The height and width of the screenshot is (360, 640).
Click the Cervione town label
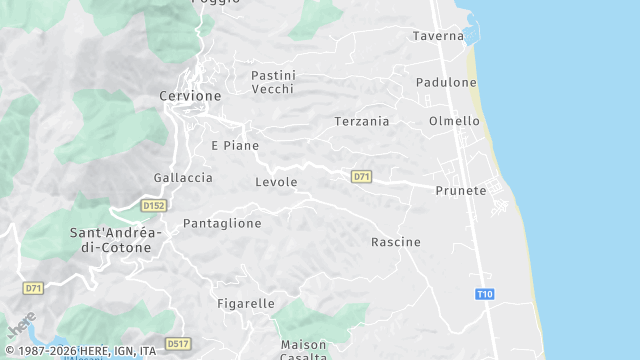click(190, 96)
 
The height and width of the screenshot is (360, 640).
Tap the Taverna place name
click(438, 36)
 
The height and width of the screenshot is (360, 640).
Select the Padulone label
click(446, 82)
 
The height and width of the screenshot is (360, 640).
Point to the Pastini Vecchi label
click(273, 82)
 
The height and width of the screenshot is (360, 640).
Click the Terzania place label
click(361, 121)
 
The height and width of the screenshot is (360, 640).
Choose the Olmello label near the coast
click(454, 121)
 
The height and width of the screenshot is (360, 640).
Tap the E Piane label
click(235, 145)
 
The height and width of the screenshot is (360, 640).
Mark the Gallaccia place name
click(183, 177)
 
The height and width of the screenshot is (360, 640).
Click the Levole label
click(276, 182)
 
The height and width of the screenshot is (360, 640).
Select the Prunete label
click(461, 190)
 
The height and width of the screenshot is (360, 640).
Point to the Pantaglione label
click(222, 223)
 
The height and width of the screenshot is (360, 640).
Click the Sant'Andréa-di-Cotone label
click(110, 240)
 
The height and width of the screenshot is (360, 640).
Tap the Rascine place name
click(396, 242)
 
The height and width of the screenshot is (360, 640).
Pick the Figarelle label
click(246, 303)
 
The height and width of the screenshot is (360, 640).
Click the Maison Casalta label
click(303, 350)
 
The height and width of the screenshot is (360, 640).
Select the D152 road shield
click(153, 205)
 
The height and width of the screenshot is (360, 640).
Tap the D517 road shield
click(178, 343)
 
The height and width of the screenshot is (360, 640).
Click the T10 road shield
click(485, 294)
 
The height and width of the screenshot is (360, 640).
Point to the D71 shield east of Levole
click(362, 177)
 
